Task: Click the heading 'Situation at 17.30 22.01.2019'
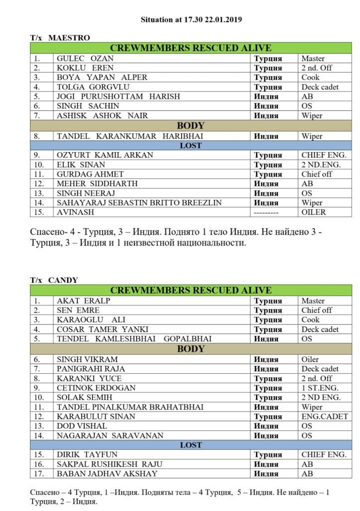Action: (x=191, y=20)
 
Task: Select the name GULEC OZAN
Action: (x=85, y=58)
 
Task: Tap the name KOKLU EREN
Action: (x=85, y=68)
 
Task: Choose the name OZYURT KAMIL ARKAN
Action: (x=105, y=155)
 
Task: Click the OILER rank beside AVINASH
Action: (x=314, y=212)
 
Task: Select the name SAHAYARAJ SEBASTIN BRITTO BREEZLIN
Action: (x=139, y=203)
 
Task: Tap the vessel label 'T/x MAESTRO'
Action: (x=60, y=38)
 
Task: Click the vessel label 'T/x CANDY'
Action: (x=54, y=280)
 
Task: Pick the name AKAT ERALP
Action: (x=83, y=301)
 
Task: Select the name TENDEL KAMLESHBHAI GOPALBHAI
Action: (x=134, y=339)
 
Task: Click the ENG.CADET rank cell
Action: (x=325, y=417)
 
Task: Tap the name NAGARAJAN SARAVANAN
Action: (x=110, y=436)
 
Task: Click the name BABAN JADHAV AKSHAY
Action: (x=107, y=474)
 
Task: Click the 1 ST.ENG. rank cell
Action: (x=320, y=388)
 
